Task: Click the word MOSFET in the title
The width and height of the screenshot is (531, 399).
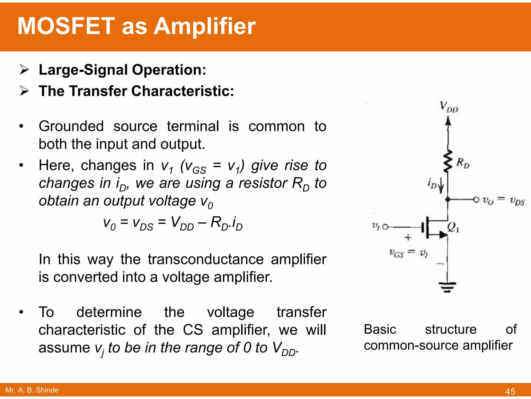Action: (x=66, y=26)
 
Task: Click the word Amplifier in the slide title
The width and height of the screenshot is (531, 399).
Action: (x=205, y=26)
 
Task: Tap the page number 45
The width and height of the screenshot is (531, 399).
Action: (x=510, y=391)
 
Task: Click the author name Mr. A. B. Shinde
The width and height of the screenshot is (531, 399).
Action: (x=32, y=390)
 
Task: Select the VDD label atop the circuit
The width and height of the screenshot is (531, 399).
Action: (x=449, y=107)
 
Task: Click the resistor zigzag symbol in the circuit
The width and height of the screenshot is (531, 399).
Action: (x=448, y=161)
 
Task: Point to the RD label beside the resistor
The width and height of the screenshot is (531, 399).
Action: (x=463, y=163)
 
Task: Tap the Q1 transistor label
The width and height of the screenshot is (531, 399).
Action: (x=453, y=227)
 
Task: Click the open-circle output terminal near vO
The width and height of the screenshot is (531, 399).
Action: (x=476, y=199)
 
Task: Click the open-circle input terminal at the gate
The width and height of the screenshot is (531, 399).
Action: (x=385, y=227)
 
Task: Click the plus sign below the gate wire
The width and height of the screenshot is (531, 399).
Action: (x=408, y=237)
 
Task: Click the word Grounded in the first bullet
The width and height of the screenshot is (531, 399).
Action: (x=71, y=127)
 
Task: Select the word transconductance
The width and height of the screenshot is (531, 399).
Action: (x=206, y=259)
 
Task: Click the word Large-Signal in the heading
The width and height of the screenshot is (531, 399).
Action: (x=83, y=70)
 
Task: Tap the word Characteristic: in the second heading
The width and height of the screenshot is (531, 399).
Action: (x=183, y=91)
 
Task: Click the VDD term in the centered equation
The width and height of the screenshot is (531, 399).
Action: (x=182, y=223)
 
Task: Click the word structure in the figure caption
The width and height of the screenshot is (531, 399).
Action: (x=451, y=329)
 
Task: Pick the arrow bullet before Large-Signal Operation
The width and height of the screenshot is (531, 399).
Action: (x=24, y=70)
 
